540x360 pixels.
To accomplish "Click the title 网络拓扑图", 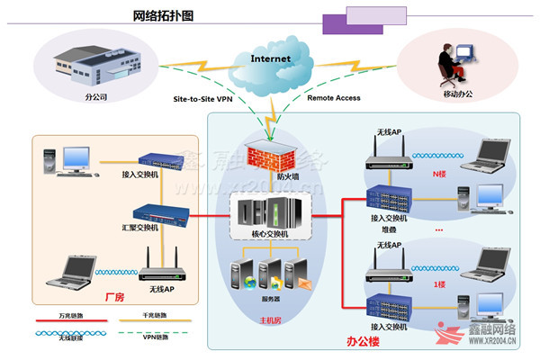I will point(162,16).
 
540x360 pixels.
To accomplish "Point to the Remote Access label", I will point(336,97).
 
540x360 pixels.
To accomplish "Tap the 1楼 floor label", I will point(439,283).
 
